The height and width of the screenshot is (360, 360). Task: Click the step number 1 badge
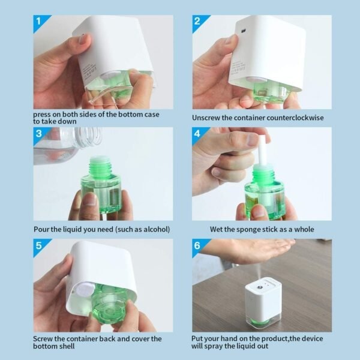coord(40,22)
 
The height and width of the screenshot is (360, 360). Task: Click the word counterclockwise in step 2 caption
coord(294,118)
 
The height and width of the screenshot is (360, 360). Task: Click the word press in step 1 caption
coord(43,114)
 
